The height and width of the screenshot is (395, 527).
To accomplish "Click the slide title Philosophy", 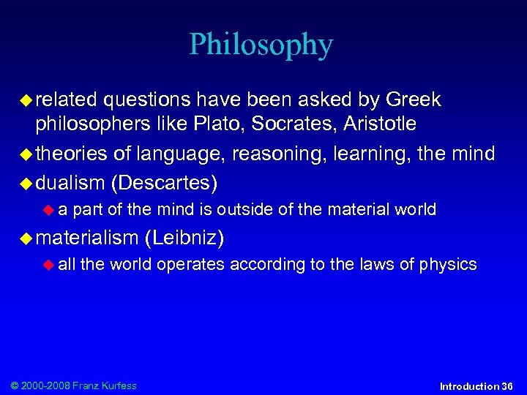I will click(x=261, y=45).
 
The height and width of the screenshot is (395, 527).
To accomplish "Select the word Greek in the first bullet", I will click(x=414, y=99).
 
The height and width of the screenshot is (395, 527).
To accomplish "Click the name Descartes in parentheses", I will click(x=164, y=181).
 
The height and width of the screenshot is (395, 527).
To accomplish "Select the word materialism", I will click(x=87, y=237).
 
